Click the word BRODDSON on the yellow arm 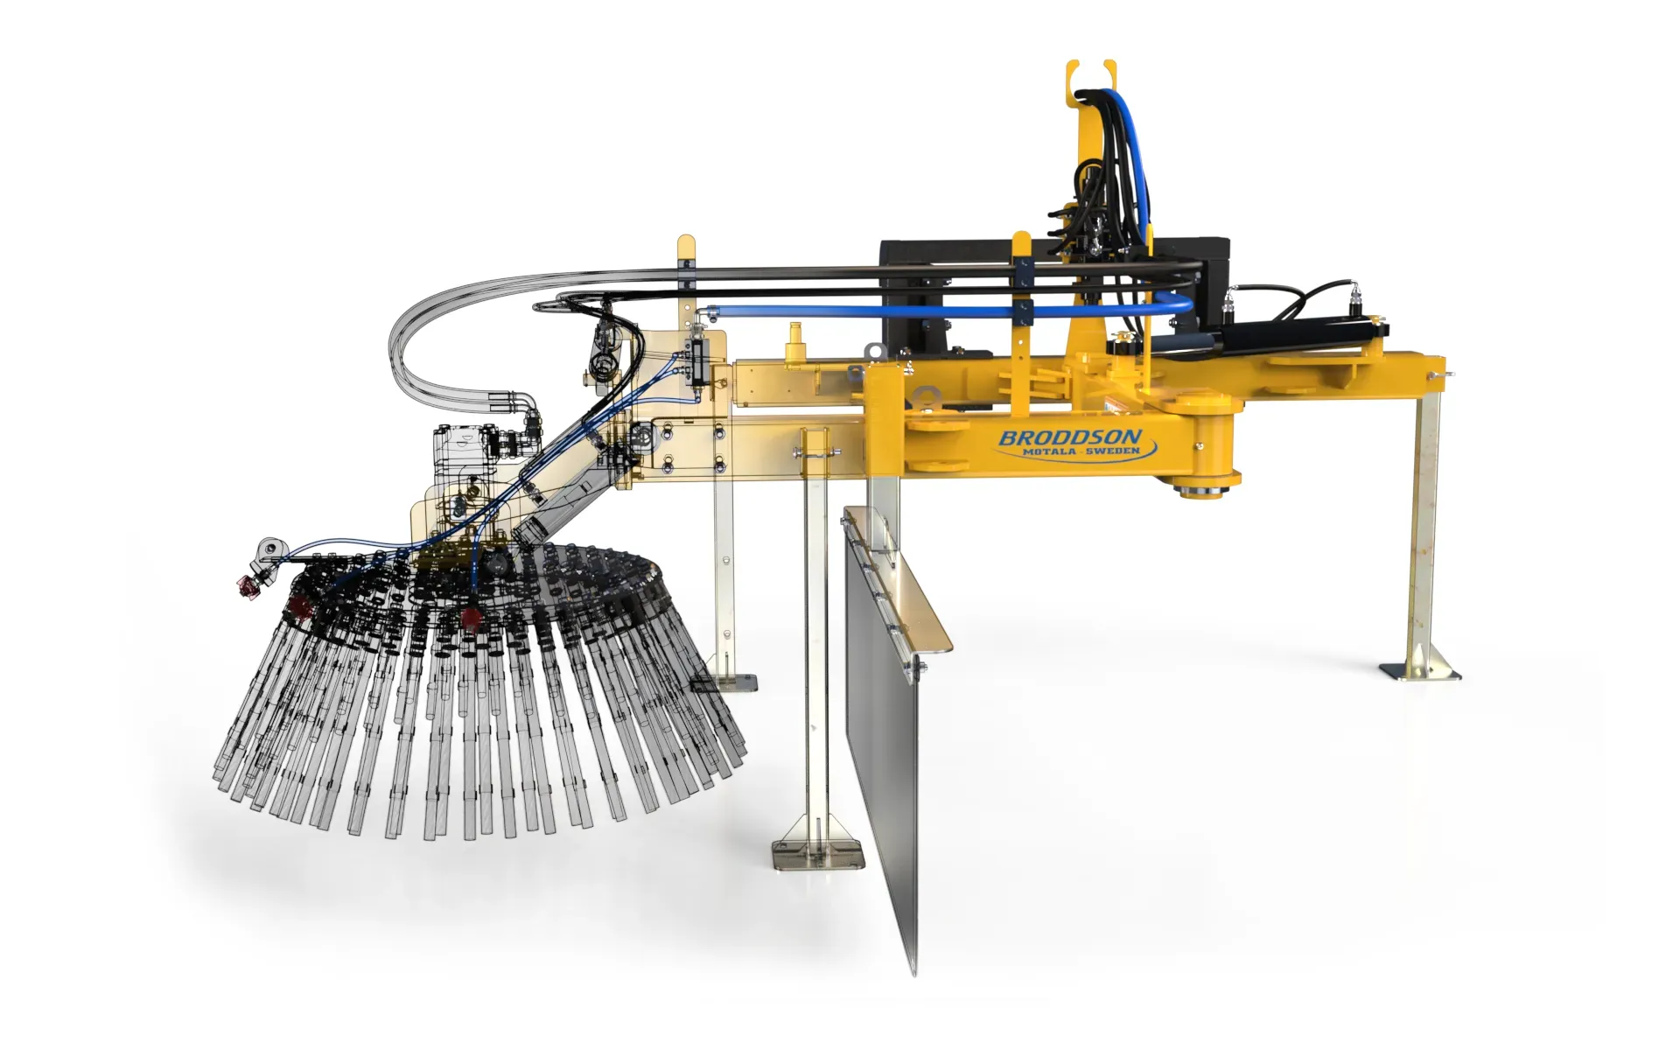tap(1069, 437)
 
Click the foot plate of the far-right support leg tap(1420, 672)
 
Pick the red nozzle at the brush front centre tap(471, 618)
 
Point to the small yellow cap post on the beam tap(795, 342)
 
